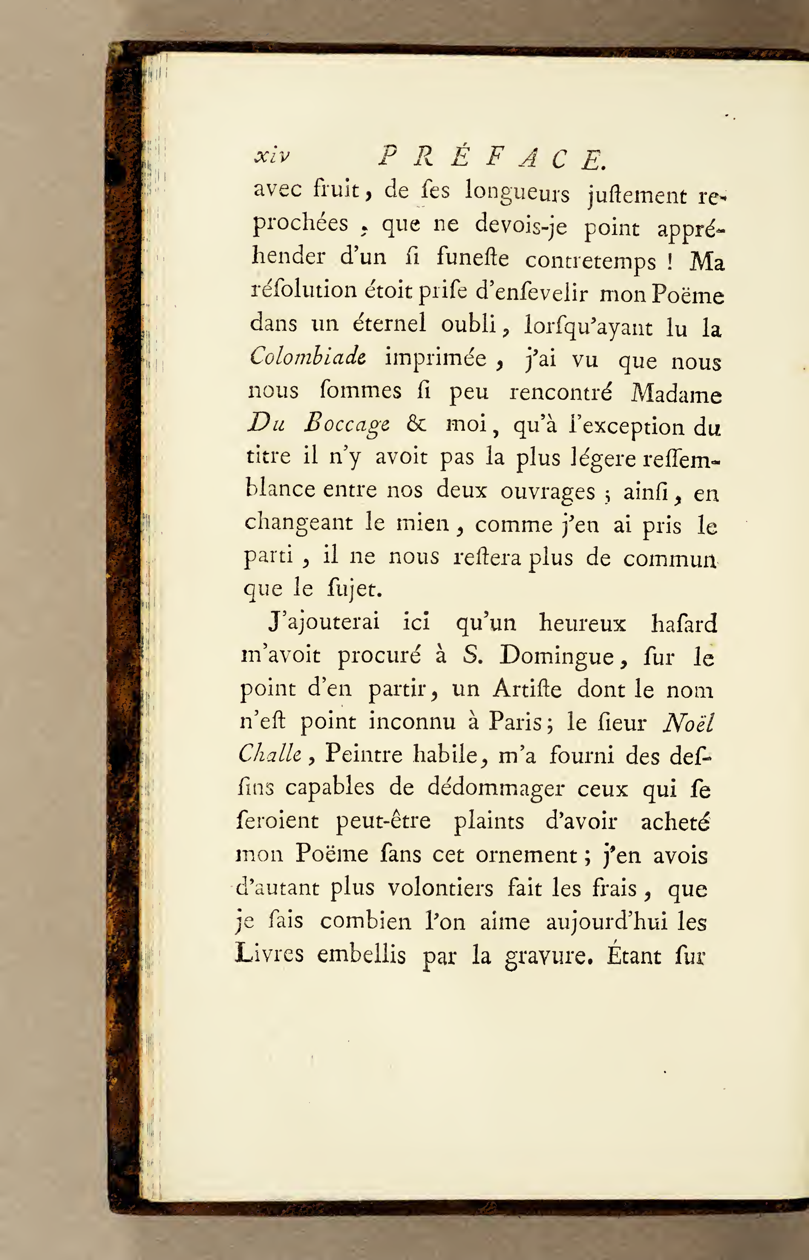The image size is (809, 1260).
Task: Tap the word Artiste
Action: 527,689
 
